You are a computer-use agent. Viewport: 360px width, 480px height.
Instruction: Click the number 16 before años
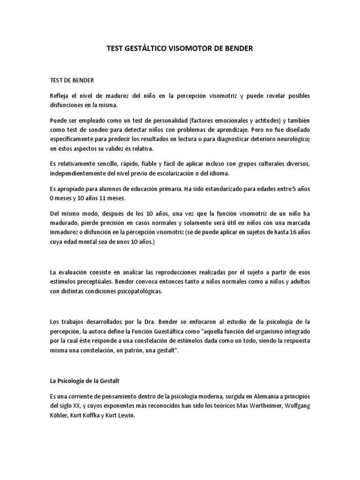(288, 232)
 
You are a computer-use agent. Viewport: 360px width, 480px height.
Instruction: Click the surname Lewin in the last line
(126, 415)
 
